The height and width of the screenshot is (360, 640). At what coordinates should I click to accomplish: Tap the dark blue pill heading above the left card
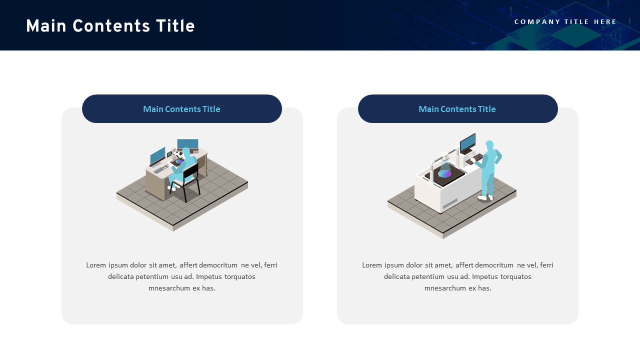tap(182, 109)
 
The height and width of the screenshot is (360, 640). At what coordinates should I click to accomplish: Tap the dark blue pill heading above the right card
tap(457, 109)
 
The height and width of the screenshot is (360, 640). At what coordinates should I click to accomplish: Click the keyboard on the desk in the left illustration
tap(161, 169)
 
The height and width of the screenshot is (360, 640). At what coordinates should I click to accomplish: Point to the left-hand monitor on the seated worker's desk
tap(157, 155)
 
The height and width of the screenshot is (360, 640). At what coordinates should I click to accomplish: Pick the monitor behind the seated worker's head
tap(188, 144)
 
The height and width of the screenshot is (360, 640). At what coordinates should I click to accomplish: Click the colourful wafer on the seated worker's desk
tap(178, 161)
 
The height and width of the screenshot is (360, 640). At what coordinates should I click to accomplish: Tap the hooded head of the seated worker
tap(186, 151)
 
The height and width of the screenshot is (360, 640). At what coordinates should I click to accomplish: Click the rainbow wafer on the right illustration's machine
tap(444, 173)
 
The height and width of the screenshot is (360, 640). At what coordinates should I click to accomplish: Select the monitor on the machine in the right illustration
tap(467, 143)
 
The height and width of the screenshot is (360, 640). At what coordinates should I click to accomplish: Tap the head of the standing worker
tap(489, 145)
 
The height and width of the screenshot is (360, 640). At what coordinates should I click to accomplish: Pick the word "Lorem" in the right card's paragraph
tap(372, 265)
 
